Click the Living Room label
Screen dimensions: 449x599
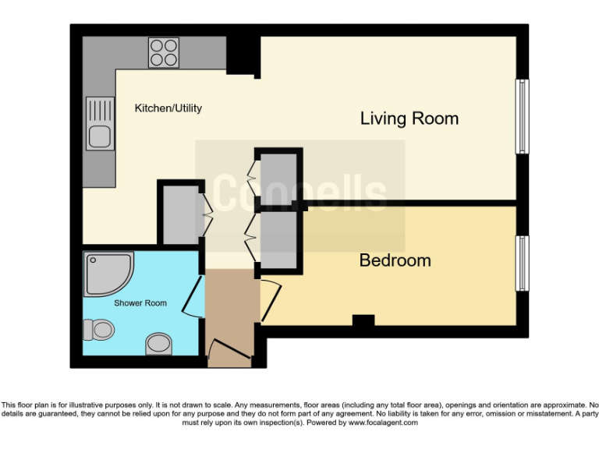coord(409,118)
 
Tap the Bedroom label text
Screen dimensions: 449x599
coord(395,260)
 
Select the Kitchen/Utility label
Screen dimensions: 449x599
coord(168,108)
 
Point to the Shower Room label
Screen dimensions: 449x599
coord(140,302)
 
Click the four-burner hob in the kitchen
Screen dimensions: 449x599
coord(164,52)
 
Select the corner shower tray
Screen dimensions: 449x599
coord(108,272)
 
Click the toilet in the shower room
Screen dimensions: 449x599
coord(99,330)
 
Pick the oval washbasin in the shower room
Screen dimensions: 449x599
coord(158,343)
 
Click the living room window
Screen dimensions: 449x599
coord(522,117)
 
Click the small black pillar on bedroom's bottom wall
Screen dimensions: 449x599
coord(362,320)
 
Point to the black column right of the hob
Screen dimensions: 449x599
coord(243,55)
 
